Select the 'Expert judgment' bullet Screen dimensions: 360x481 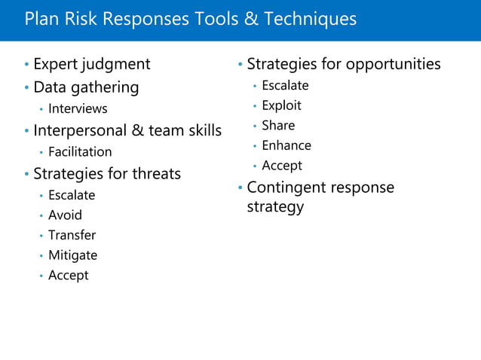tap(92, 64)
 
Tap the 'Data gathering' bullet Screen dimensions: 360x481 tap(86, 87)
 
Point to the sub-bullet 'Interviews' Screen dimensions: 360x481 tap(78, 109)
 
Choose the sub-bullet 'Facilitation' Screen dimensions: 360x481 tap(80, 152)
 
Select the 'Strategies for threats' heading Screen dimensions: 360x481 tap(107, 174)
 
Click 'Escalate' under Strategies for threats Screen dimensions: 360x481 tap(72, 195)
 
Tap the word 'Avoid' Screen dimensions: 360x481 tap(65, 215)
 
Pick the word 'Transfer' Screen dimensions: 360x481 tap(72, 235)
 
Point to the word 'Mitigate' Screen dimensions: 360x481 tap(72, 255)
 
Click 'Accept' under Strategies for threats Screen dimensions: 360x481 tap(68, 276)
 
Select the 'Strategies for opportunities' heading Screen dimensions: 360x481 tap(344, 64)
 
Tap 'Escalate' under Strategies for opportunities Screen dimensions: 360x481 tap(285, 86)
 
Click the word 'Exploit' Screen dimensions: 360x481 tap(281, 105)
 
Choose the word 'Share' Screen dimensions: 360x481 tap(278, 125)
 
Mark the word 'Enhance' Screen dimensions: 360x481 tap(286, 145)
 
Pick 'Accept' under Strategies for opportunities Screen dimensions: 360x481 tap(281, 166)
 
